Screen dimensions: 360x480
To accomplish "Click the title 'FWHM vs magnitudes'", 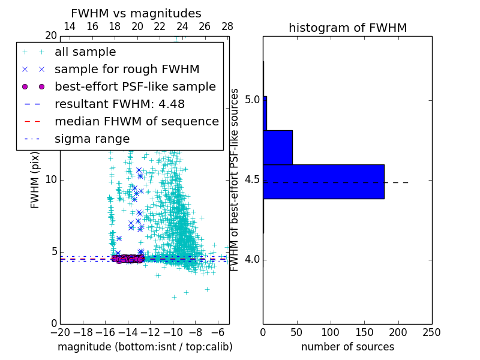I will (x=136, y=13).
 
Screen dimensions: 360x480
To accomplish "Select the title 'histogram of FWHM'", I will (x=347, y=28).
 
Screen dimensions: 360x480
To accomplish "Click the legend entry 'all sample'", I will (x=85, y=52).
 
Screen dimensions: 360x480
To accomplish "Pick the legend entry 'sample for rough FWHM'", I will (x=127, y=69).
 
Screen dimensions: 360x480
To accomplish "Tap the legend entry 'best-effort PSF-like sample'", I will (x=135, y=86).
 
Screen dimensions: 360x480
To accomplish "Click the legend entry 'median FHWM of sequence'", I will (x=136, y=121).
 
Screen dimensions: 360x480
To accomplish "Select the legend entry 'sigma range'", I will (x=92, y=139).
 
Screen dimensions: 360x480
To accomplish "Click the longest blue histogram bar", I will (x=323, y=181).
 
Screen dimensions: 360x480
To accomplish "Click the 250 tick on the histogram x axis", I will (x=431, y=332).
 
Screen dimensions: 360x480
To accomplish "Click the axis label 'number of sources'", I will (x=347, y=347).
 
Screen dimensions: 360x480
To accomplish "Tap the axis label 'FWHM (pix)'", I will (x=35, y=179).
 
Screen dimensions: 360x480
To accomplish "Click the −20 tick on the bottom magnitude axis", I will (x=59, y=332).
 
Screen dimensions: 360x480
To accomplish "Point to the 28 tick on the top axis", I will (x=227, y=26).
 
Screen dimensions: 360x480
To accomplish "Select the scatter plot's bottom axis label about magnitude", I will (x=145, y=347).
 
